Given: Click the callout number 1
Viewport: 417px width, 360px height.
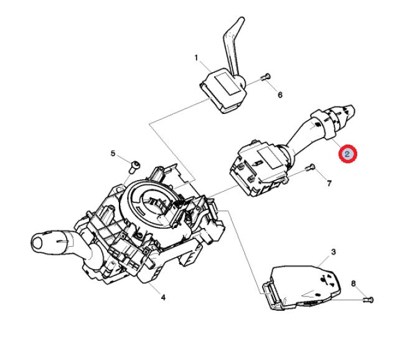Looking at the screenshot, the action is coord(196,58).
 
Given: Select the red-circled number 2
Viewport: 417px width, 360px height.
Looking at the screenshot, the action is coord(347,154).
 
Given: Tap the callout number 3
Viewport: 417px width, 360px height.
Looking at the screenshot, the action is coord(333,252).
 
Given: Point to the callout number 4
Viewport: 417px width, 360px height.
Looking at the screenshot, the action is coord(163,297).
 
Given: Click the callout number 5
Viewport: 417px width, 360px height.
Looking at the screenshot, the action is coord(113,153).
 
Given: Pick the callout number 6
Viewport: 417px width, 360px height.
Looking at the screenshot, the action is coord(280,95).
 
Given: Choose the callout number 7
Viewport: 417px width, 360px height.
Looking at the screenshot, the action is coord(329,183).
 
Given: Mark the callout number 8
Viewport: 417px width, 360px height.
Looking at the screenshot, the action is coord(353,283).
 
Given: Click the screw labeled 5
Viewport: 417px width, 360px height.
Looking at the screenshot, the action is coord(135,167).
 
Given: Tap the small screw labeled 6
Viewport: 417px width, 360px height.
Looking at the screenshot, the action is coord(265,77).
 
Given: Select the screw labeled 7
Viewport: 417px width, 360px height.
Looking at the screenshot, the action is coord(310,168).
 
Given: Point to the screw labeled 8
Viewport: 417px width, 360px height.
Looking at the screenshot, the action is coord(368,300).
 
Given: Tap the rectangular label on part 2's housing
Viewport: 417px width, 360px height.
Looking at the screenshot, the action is coord(269,158).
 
